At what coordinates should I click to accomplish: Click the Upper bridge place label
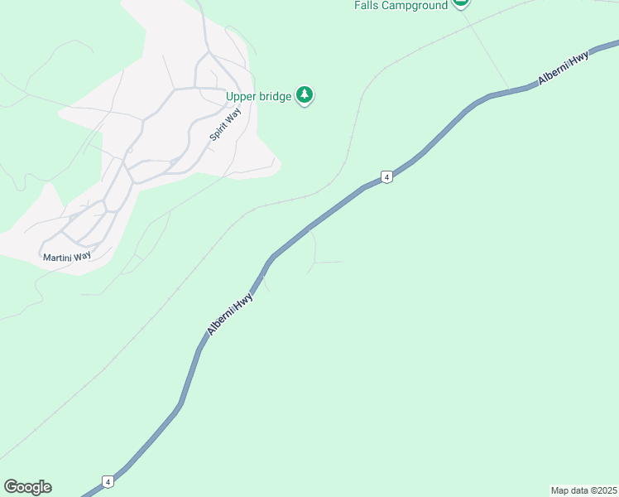point(259,96)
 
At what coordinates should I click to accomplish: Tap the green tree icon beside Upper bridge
point(305,95)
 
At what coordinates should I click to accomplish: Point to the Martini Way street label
point(67,257)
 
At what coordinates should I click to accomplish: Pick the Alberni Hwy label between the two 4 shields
point(230,314)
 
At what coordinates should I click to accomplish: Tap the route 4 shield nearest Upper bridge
point(386,176)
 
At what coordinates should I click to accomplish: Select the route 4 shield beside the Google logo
point(108,480)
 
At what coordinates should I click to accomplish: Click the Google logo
point(27,487)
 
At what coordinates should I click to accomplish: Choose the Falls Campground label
point(401,5)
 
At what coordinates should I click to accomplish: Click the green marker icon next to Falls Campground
point(461,3)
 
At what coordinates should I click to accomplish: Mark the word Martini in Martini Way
point(57,257)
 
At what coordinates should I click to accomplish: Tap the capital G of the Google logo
point(11,487)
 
